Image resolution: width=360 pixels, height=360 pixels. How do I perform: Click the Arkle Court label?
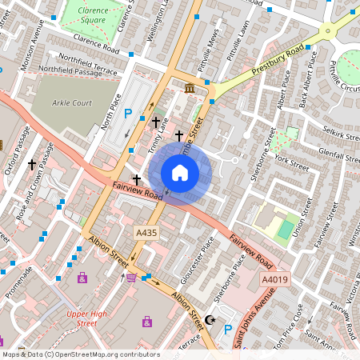pos(73,103)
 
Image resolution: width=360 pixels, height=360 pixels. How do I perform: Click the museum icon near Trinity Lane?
pos(190,87)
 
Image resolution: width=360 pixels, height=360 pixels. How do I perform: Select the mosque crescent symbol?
pos(210,319)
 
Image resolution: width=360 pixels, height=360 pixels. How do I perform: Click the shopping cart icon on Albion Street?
pos(131,278)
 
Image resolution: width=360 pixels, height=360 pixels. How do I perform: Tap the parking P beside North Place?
pos(127,115)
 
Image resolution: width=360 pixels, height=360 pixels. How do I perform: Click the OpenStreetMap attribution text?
pos(80,354)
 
